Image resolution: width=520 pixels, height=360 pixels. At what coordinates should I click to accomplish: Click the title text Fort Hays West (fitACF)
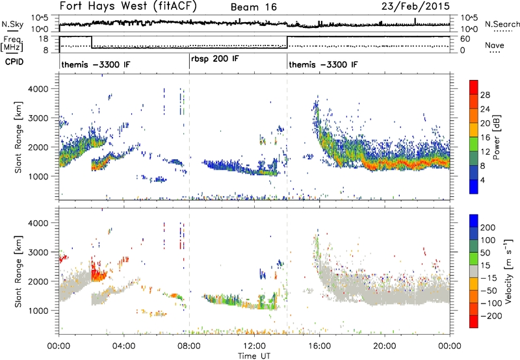(128, 6)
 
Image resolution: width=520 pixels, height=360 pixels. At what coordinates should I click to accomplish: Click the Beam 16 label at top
(253, 7)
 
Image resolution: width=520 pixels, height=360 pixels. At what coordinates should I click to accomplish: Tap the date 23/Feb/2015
(415, 6)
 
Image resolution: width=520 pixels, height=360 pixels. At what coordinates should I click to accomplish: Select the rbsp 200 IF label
(215, 59)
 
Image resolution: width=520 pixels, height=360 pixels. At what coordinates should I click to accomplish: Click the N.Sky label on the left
(12, 24)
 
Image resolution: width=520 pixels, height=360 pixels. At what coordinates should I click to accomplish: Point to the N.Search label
(502, 24)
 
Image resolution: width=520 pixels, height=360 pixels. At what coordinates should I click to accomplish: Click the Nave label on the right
(494, 45)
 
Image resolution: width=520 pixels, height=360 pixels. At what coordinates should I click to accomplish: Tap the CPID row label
(14, 62)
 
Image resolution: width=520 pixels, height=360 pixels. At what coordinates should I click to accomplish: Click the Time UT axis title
(254, 356)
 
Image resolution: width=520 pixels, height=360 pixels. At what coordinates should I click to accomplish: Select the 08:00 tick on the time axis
(189, 346)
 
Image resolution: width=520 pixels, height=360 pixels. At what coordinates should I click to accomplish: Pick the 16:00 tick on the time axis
(320, 346)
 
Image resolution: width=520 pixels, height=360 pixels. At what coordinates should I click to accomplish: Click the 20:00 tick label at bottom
(385, 346)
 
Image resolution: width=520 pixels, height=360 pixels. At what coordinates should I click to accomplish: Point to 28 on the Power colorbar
(485, 95)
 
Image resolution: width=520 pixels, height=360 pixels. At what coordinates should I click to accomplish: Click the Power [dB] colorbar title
(496, 137)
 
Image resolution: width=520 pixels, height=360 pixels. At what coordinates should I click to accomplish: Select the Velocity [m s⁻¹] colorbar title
(508, 271)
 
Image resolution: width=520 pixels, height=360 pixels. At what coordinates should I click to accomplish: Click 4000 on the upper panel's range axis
(38, 89)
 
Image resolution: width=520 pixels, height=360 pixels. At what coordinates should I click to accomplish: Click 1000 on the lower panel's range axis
(38, 311)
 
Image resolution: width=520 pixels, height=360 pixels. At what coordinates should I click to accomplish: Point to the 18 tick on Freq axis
(44, 39)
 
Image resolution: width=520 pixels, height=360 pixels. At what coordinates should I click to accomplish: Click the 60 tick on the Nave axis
(465, 39)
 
